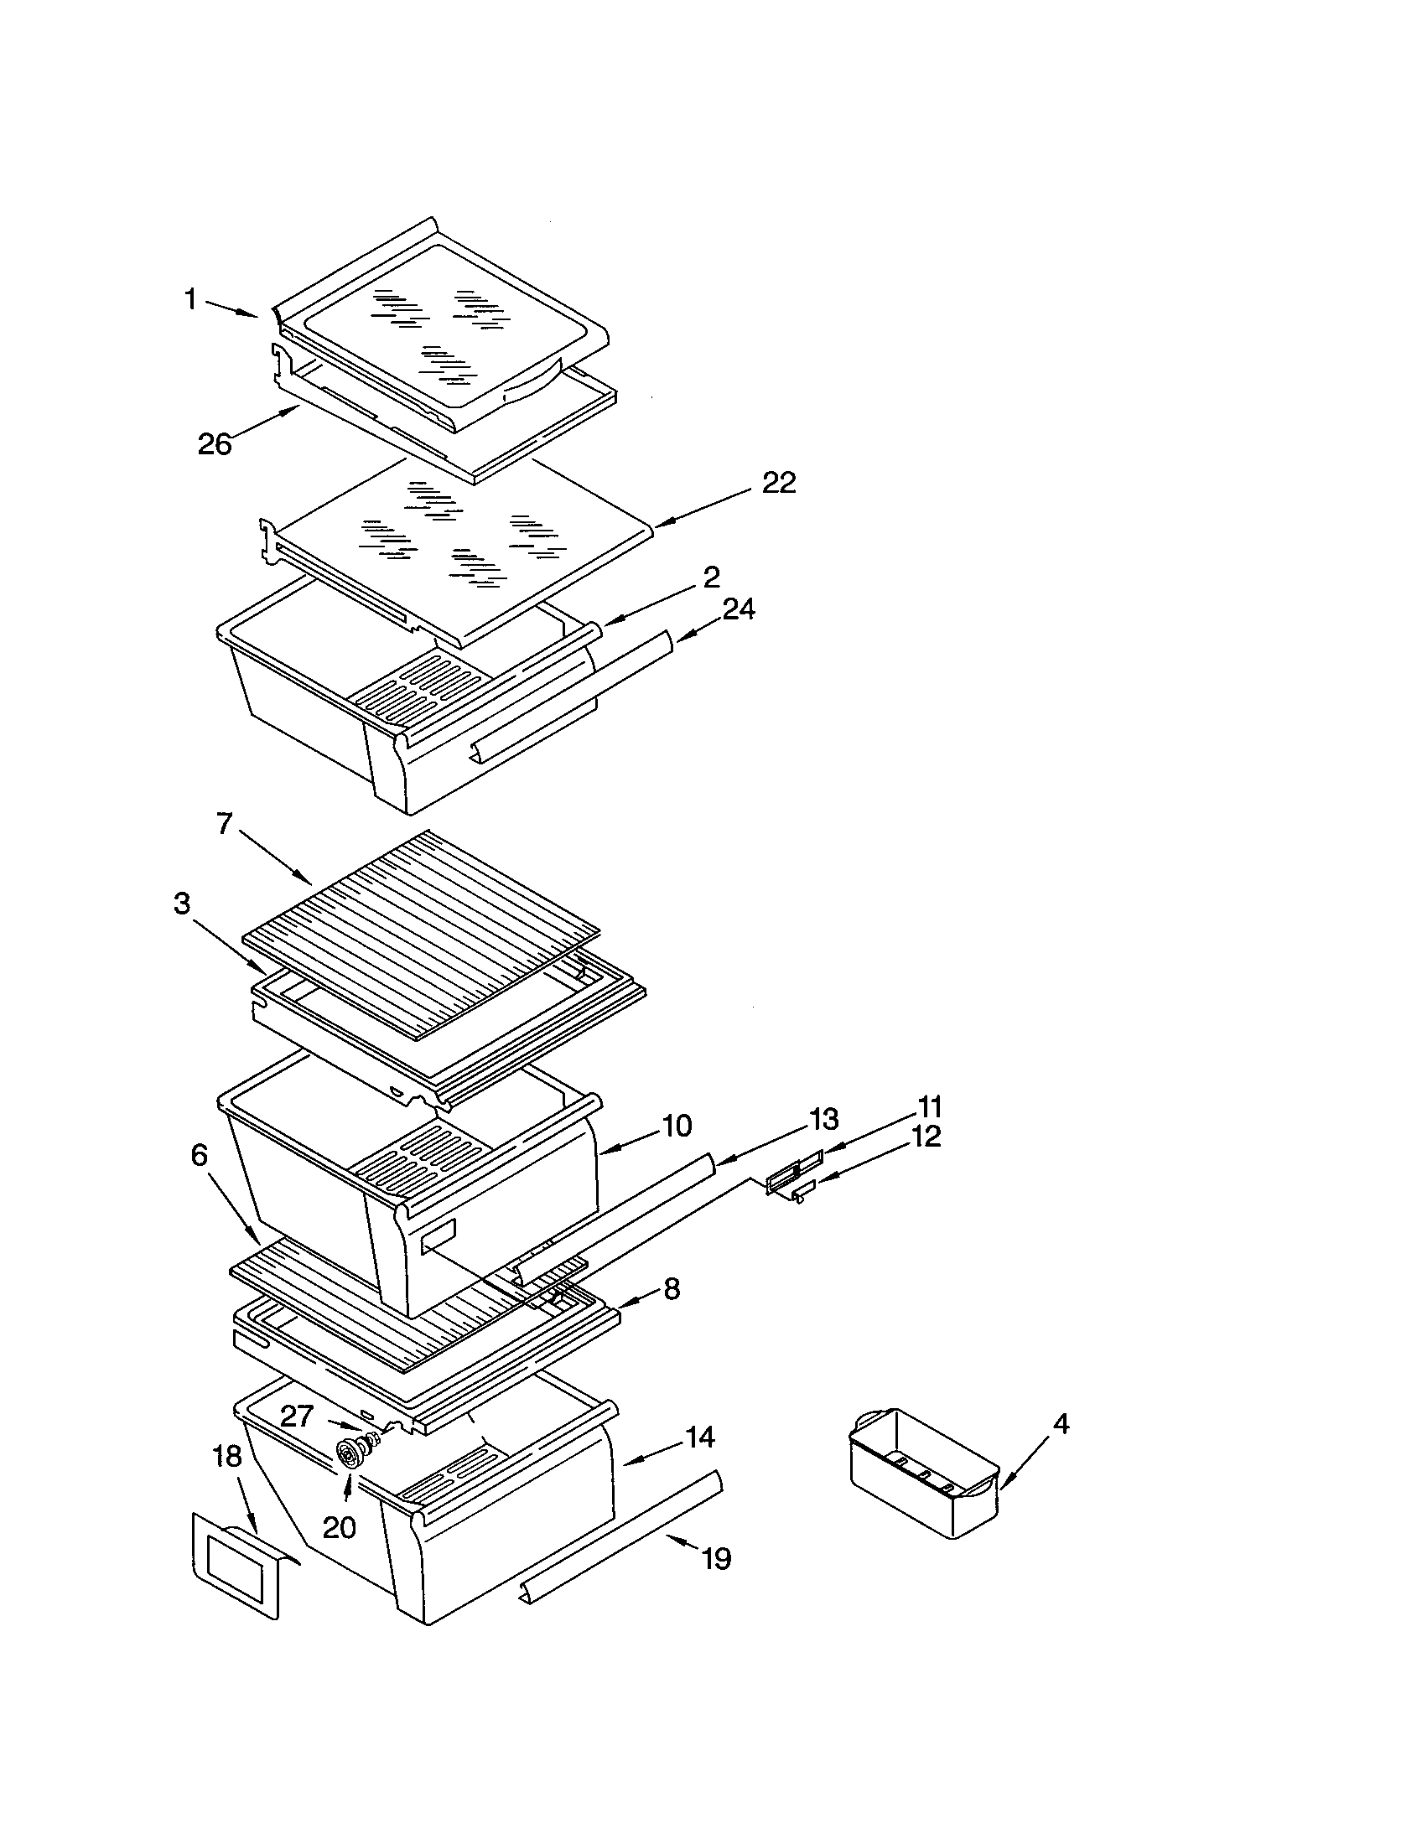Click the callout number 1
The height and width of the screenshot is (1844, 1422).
coord(191,299)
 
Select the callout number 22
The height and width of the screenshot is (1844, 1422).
coord(779,483)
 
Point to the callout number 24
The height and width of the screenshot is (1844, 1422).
coord(738,609)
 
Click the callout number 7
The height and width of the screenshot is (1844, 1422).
coord(224,823)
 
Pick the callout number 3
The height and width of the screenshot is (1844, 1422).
coord(182,904)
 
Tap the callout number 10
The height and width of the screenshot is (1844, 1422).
coord(677,1126)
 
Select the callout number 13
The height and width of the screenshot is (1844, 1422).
coord(823,1120)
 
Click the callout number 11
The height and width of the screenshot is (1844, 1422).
coord(929,1106)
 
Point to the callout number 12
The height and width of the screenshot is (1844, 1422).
coord(926,1137)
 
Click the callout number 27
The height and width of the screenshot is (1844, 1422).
coord(298,1416)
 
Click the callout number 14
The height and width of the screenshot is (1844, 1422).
coord(700,1436)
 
